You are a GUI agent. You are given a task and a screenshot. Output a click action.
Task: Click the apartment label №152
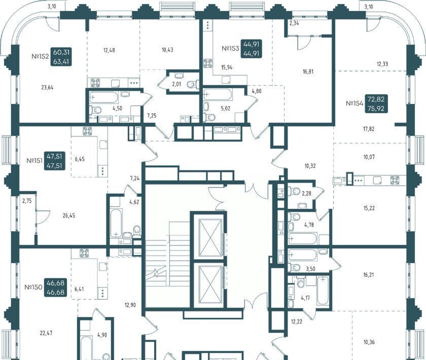40,56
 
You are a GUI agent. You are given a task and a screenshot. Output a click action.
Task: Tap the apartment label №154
354,103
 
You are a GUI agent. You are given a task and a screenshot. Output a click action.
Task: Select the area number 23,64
47,88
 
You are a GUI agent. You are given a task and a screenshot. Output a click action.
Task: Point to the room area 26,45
69,215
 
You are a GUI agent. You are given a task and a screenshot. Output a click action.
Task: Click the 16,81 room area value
308,71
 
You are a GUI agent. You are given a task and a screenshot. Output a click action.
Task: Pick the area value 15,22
369,208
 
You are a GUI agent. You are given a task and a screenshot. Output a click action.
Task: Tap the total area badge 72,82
376,99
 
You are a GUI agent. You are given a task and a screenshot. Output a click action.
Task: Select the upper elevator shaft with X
210,238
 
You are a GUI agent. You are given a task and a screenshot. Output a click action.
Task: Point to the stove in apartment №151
87,131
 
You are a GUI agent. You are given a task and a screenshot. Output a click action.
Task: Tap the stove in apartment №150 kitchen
84,253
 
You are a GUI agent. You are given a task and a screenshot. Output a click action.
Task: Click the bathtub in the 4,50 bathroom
104,97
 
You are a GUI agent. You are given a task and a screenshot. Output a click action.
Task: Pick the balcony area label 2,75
27,201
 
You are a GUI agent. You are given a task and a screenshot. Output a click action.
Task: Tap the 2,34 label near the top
294,23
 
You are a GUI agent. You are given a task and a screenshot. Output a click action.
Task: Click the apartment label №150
33,287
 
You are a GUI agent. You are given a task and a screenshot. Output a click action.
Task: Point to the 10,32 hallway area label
310,166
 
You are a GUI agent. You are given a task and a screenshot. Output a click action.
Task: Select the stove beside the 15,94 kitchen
208,63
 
